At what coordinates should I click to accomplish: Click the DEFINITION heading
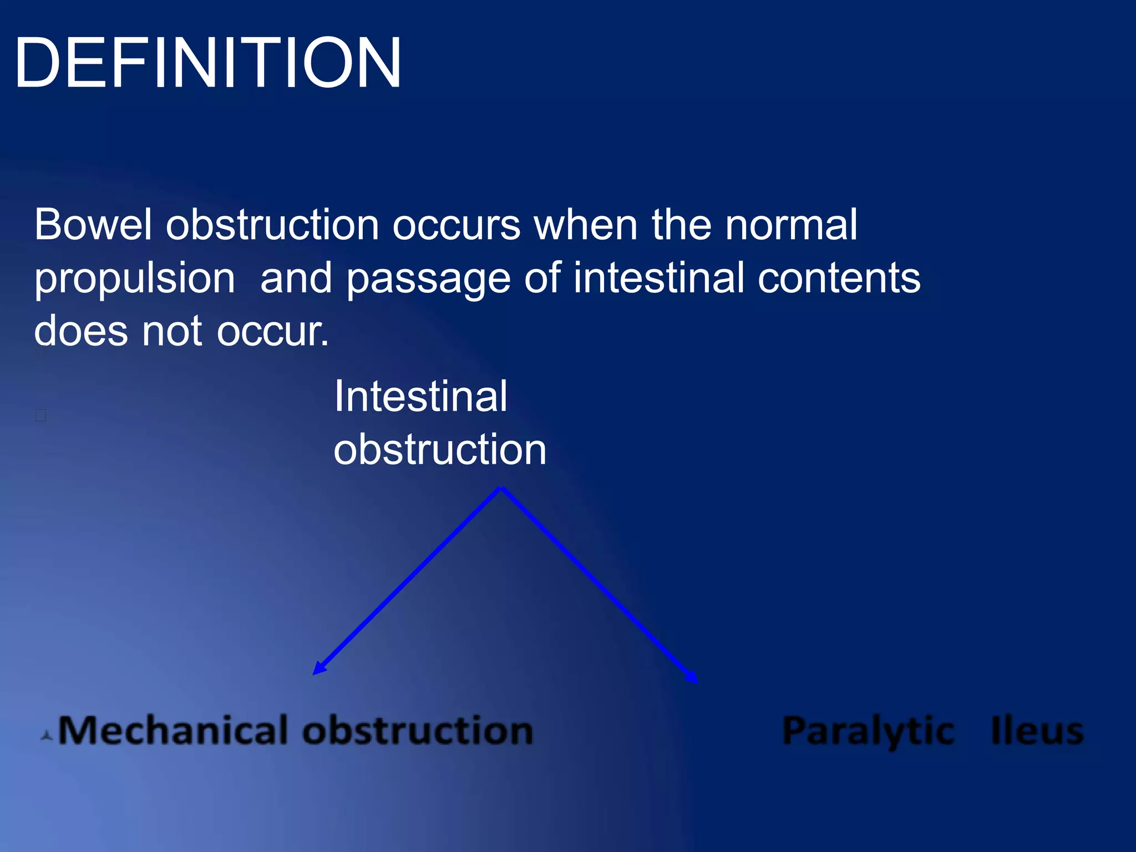208,62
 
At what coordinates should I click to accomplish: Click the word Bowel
93,225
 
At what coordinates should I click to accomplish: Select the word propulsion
134,279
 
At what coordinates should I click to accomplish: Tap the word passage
428,279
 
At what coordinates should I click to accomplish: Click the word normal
791,225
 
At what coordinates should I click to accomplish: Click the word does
81,331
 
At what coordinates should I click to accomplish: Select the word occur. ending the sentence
272,332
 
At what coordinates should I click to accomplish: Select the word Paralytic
868,731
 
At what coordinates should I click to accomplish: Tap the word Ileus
1036,731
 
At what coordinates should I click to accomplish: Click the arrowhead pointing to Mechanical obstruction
318,669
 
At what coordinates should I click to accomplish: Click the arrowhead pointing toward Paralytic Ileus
692,678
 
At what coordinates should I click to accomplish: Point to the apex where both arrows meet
501,488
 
